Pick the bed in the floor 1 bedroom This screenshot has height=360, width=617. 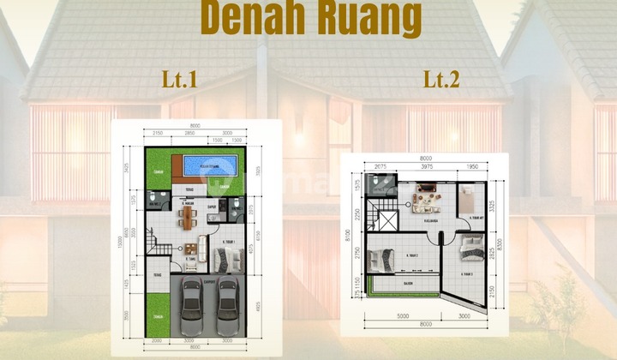click(234, 257)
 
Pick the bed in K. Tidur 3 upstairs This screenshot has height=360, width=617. click(471, 249)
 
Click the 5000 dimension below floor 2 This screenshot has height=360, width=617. click(403, 315)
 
